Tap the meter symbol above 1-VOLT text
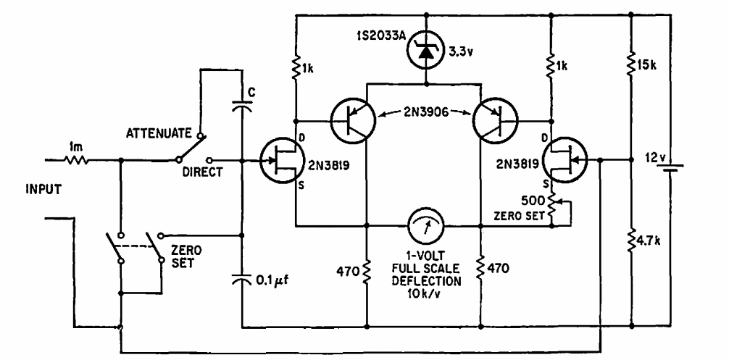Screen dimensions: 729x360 pos(426,226)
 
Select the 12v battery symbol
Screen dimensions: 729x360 pos(670,165)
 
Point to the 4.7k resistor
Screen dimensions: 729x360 pos(631,241)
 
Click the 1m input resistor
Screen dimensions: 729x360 pos(75,160)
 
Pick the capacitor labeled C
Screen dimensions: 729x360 pos(242,106)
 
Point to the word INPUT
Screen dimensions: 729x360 pos(43,190)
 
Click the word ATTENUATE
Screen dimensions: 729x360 pos(159,133)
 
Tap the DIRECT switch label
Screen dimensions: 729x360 pos(202,172)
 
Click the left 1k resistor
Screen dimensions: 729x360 pos(295,69)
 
